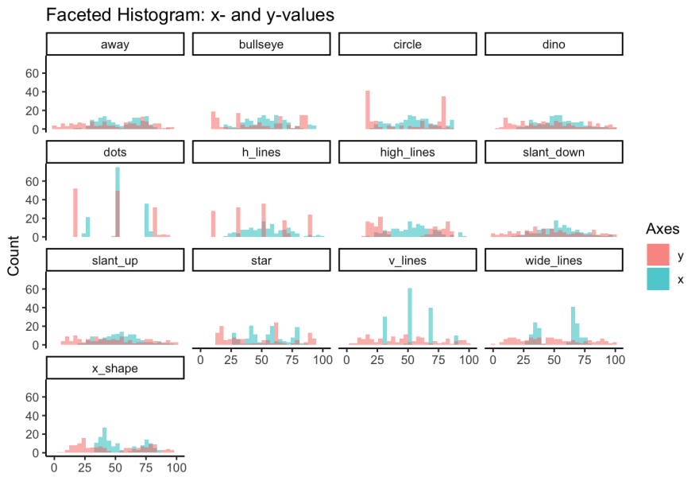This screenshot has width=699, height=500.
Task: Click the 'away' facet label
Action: pos(115,45)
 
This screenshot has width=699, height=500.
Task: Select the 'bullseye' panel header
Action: pos(261,45)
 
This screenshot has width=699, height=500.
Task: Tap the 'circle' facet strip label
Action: pos(407,45)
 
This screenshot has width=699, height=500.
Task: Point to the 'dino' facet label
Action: pos(554,45)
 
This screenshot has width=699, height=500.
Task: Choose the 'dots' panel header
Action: pos(115,153)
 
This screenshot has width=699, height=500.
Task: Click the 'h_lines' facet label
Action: pos(261,153)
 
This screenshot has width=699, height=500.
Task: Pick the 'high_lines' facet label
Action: pos(407,153)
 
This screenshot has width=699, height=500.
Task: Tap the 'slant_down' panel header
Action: pos(554,153)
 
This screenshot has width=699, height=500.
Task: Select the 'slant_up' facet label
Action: pos(115,261)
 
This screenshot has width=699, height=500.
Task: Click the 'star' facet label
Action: pos(261,261)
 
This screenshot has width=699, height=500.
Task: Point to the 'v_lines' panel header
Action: pos(407,261)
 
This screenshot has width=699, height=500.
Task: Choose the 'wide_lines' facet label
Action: pos(554,261)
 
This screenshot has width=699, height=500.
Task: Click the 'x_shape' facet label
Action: pos(115,369)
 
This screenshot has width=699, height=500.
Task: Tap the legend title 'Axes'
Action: pos(662,229)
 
